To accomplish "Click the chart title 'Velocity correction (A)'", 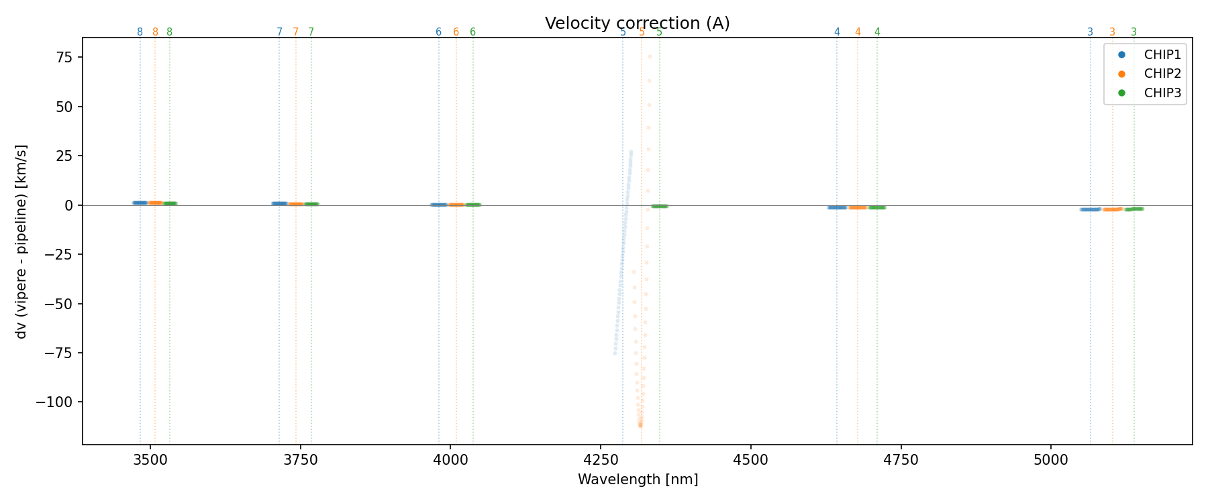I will pos(637,23).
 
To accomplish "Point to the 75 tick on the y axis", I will pos(64,57).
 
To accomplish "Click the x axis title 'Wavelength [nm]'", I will pos(638,480).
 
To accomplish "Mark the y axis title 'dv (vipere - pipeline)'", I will pos(21,241).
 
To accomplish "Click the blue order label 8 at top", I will pos(140,32).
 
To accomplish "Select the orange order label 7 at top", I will pos(295,32).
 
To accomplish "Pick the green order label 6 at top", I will pos(472,32).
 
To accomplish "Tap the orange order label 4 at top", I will pos(858,32).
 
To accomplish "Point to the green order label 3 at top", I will pos(1134,32).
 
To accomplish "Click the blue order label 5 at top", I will pos(623,32).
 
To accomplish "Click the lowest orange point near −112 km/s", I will pos(640,425).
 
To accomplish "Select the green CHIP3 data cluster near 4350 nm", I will pos(660,206).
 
